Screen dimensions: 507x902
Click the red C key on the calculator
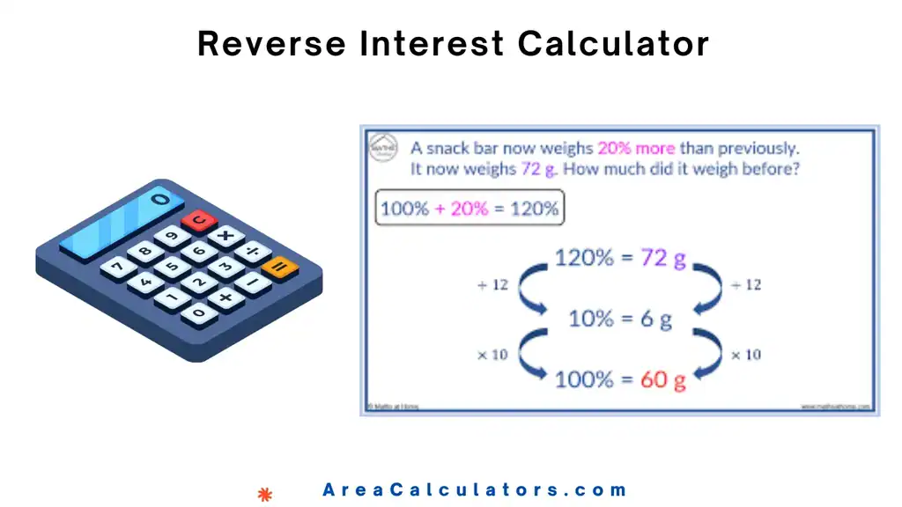click(200, 219)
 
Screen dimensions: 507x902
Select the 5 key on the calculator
click(172, 267)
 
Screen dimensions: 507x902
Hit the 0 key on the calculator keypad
click(200, 312)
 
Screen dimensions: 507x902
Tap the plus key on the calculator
click(226, 298)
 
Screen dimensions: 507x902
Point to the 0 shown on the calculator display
click(159, 200)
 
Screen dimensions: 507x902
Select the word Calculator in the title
click(613, 43)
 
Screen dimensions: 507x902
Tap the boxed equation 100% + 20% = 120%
click(469, 209)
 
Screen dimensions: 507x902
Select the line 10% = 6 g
click(619, 319)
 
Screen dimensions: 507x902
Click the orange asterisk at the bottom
click(264, 493)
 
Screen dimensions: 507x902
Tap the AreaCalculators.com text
click(475, 490)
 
